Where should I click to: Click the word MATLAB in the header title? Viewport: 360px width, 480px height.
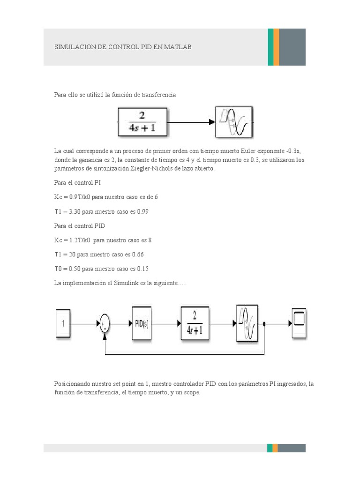(x=178, y=47)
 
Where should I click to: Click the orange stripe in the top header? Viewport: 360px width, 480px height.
(x=276, y=47)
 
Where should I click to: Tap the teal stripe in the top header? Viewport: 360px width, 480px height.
(x=270, y=47)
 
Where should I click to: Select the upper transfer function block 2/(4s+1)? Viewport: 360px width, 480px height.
(x=142, y=122)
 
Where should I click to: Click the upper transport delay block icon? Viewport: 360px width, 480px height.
(x=235, y=122)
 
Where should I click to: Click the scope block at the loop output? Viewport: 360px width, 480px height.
(x=299, y=322)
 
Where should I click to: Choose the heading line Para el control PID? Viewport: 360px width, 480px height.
(x=80, y=225)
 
